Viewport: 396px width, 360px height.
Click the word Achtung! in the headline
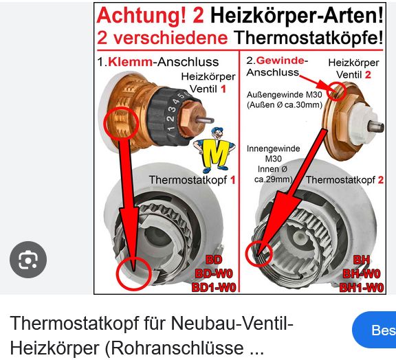(x=141, y=15)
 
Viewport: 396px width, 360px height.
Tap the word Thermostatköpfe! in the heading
(x=308, y=38)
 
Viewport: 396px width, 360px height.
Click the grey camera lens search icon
(x=28, y=260)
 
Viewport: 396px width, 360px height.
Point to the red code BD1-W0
(x=214, y=287)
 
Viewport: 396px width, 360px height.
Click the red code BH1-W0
(x=362, y=287)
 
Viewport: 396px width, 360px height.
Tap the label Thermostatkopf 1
(x=192, y=180)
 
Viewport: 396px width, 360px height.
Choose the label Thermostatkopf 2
(x=344, y=180)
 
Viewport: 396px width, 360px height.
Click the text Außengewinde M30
(x=285, y=95)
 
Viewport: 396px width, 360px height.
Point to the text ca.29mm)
(x=273, y=179)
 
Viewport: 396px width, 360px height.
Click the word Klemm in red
(x=131, y=62)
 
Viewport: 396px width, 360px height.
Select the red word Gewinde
(x=280, y=60)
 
